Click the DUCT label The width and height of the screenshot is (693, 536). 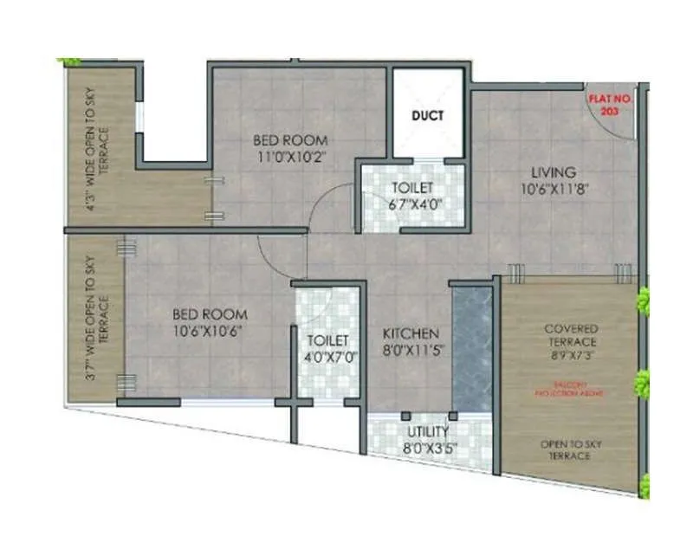[x=427, y=115]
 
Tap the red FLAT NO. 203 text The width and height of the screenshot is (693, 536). [x=612, y=105]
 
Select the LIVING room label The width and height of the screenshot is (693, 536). [x=554, y=172]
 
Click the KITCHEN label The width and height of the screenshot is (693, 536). [x=411, y=333]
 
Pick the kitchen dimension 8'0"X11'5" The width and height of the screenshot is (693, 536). [x=411, y=350]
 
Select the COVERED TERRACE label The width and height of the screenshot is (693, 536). [x=571, y=336]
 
